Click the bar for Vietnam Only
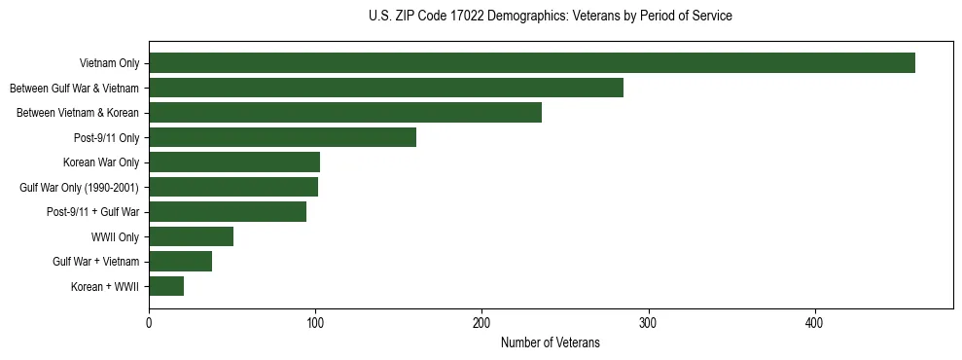531,63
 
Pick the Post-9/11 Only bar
282,137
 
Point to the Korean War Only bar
234,162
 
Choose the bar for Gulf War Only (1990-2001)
233,187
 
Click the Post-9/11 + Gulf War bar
228,212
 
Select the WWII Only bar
191,236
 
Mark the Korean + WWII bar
166,286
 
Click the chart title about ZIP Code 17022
550,17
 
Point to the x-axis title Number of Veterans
550,342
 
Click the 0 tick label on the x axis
149,322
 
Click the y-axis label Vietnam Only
109,64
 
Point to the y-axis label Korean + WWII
105,287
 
